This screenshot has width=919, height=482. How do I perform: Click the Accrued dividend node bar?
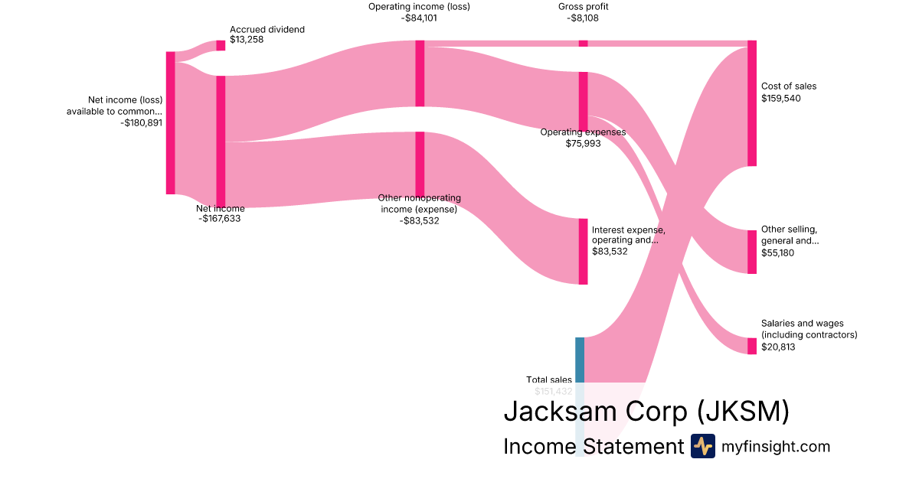(x=221, y=45)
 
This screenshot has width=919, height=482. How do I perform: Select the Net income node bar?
(x=221, y=142)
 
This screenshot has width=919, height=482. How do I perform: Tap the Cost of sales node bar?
(x=752, y=103)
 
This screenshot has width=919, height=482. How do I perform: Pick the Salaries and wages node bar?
(x=752, y=346)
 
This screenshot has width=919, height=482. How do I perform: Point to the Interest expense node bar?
(x=583, y=251)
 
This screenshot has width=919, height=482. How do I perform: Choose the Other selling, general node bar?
(x=752, y=252)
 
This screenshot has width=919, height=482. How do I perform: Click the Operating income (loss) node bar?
(x=420, y=73)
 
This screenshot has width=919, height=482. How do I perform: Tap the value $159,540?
(x=781, y=99)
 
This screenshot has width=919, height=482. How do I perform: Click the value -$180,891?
(x=142, y=122)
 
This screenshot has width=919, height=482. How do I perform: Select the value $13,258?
(x=247, y=40)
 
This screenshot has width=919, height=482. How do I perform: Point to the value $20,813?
(x=777, y=347)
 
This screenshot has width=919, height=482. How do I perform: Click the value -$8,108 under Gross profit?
(x=584, y=18)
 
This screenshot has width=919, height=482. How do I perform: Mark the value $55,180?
(x=777, y=253)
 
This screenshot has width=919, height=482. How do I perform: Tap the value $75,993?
(x=583, y=143)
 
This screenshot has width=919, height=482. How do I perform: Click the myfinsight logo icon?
(x=702, y=446)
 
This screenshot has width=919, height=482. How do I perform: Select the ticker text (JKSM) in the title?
(x=743, y=412)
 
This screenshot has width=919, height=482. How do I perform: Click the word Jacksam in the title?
(x=558, y=412)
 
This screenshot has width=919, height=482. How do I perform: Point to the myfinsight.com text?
(x=776, y=446)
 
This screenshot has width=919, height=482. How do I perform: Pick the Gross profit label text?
(x=584, y=7)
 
